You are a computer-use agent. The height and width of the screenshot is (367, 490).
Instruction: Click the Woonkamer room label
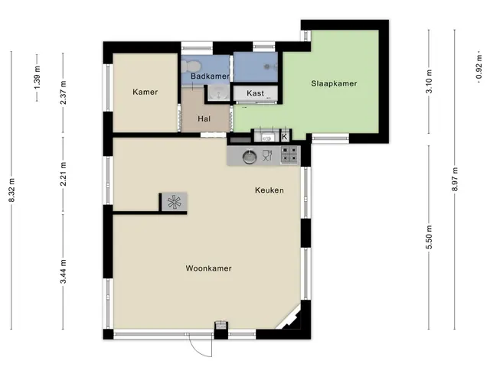208,268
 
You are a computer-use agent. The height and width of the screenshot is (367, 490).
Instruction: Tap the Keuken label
269,190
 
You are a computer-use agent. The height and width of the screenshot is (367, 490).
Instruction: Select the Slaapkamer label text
334,83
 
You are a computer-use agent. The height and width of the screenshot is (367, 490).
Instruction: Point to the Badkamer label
210,76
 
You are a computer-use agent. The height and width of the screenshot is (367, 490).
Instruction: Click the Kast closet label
255,93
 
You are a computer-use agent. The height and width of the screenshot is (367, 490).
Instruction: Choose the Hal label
204,119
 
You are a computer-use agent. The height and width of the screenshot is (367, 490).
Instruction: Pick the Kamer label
145,92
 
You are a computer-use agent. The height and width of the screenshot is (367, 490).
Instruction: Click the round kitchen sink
250,157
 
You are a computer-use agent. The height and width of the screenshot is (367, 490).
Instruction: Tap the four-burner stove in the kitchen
289,154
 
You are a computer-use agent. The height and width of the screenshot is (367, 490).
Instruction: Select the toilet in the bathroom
191,67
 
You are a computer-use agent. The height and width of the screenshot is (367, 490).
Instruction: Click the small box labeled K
284,137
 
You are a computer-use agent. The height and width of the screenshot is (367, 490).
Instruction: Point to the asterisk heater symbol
174,202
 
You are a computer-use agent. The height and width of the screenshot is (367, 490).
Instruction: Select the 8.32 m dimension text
12,190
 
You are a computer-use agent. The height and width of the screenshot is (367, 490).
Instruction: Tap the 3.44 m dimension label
64,272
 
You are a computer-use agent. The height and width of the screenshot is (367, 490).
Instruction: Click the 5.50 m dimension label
429,237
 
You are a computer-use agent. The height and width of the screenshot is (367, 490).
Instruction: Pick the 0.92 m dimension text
479,67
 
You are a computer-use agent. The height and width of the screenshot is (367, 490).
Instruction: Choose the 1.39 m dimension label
38,77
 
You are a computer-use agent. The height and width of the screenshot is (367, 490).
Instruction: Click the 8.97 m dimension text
455,180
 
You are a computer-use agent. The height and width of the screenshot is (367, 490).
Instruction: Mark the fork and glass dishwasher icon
267,155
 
